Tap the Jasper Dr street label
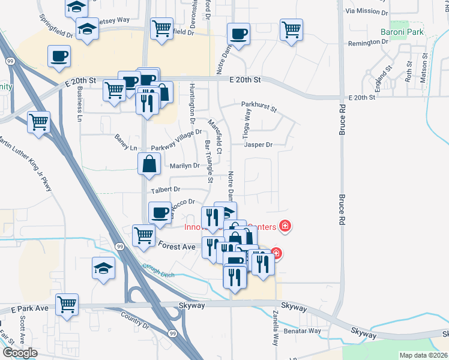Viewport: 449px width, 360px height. [258, 145]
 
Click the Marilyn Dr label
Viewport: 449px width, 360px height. [184, 166]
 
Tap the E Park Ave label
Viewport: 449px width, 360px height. [29, 308]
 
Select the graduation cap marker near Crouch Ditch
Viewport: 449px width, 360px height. [104, 268]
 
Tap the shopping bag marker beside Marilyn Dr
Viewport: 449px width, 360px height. [149, 163]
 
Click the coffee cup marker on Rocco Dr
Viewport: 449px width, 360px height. [160, 213]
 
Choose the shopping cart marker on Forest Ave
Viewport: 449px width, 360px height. [143, 235]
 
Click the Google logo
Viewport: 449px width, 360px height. [20, 353]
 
